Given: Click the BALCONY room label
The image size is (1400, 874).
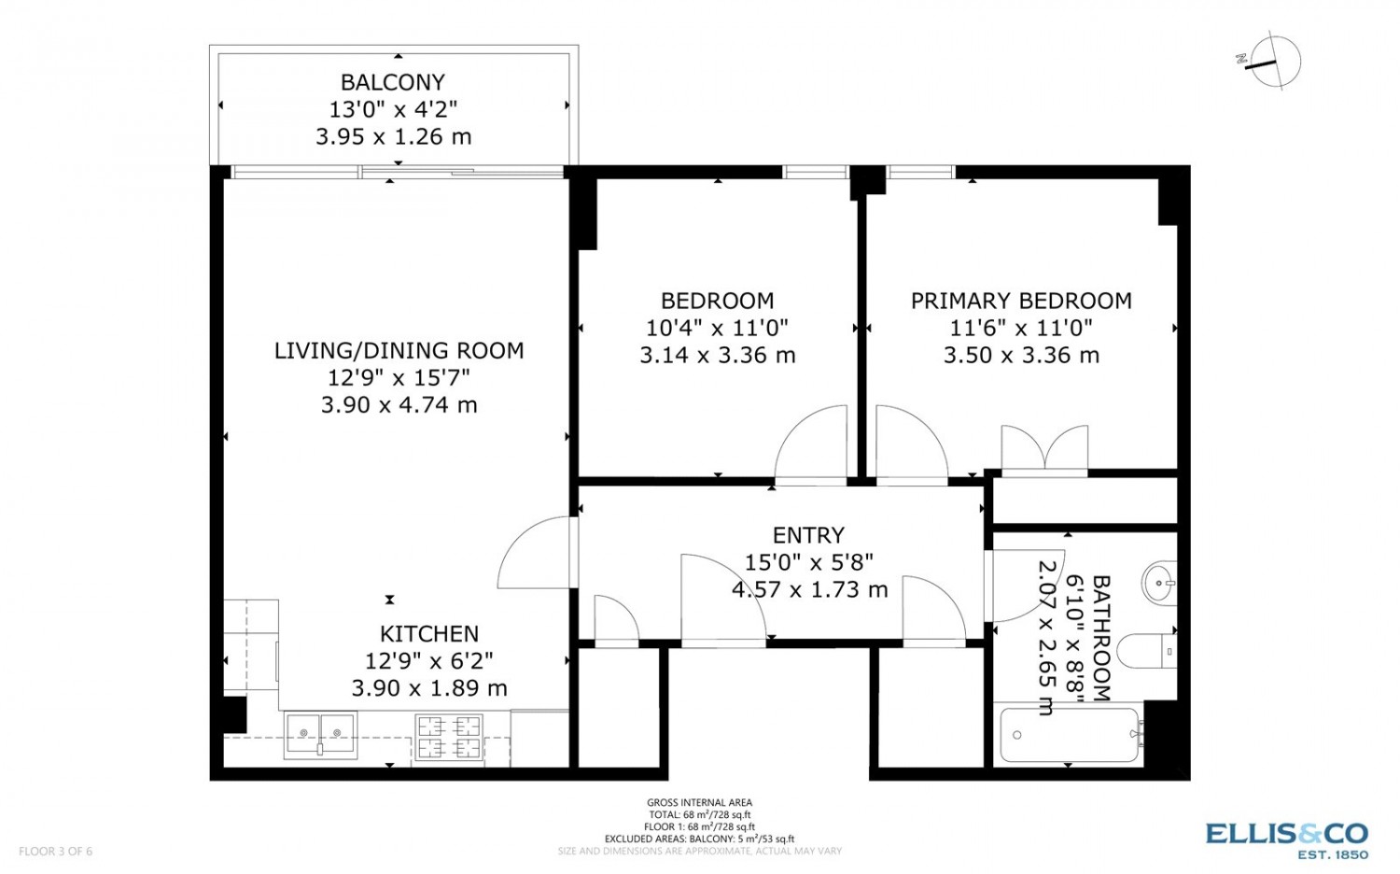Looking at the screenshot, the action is tap(393, 82).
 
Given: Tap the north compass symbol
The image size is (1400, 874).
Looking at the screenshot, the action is tap(1268, 62).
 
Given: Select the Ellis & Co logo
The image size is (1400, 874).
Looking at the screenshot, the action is tap(1287, 841).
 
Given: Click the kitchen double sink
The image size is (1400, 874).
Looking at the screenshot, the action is tap(321, 735).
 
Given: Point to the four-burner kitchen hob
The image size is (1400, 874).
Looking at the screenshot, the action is tap(449, 738).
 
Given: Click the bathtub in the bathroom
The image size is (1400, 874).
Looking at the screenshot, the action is tap(1070, 735).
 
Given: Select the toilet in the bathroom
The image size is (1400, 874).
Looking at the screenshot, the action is tap(1147, 652).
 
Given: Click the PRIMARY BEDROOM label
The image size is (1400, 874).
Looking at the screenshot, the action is tap(1021, 301).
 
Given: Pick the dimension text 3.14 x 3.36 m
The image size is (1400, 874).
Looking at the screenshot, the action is tap(718, 355).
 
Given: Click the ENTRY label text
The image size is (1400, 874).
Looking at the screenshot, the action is tap(809, 535).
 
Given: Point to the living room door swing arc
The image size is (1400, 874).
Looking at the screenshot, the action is tap(525, 543).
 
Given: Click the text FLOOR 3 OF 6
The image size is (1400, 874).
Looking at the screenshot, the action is tap(56, 851).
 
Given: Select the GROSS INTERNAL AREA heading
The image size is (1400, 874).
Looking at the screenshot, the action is tap(699, 803).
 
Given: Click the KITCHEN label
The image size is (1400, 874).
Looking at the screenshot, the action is tap(429, 634).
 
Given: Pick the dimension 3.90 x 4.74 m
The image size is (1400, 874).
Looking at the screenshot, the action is tap(399, 405).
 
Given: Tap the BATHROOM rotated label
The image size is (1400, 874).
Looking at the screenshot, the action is tap(1100, 638).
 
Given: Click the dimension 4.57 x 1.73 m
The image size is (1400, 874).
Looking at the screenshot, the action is tap(810, 589).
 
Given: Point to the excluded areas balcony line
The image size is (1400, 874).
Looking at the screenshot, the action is tap(699, 839).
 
